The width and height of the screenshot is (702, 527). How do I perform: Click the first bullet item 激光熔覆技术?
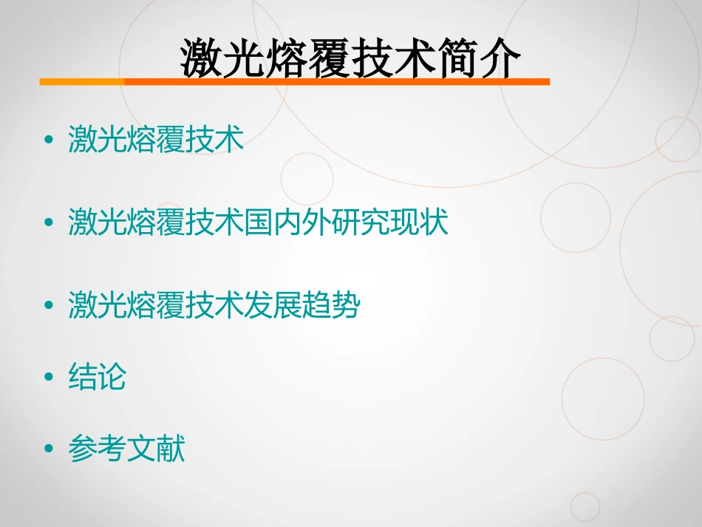tap(156, 139)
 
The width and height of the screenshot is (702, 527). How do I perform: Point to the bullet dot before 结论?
tap(50, 378)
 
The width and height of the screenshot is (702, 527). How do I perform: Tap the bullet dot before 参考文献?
tap(50, 449)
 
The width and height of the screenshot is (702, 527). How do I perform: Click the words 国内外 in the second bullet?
tap(288, 222)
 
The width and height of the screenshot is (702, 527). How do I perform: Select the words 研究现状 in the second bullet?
tap(390, 222)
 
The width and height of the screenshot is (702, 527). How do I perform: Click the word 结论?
tap(98, 377)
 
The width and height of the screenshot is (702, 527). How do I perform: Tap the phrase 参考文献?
tap(126, 449)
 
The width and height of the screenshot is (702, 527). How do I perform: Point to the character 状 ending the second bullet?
tap(435, 222)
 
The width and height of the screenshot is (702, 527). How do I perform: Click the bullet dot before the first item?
tap(50, 140)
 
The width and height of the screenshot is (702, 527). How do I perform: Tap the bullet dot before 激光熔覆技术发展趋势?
tap(50, 306)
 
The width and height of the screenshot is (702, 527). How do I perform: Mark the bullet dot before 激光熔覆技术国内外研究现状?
tap(50, 222)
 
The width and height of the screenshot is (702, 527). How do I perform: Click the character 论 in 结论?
tap(112, 377)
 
